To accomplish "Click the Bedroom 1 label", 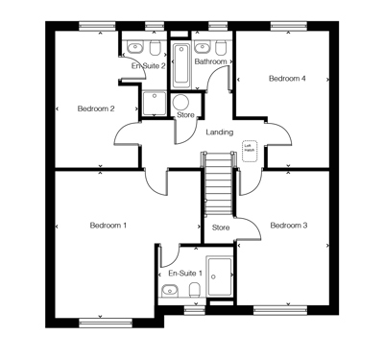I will point(108,226).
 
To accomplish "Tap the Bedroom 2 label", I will point(96,108).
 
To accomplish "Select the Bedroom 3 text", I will point(288,226).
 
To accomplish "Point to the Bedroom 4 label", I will point(287,79).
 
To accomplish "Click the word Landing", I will point(220,132).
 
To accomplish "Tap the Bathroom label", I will point(210,61).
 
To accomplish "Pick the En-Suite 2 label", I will point(149,65).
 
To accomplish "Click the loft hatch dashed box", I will point(250,147).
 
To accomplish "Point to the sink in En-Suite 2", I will point(154,46).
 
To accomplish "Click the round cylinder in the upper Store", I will point(181,103).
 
